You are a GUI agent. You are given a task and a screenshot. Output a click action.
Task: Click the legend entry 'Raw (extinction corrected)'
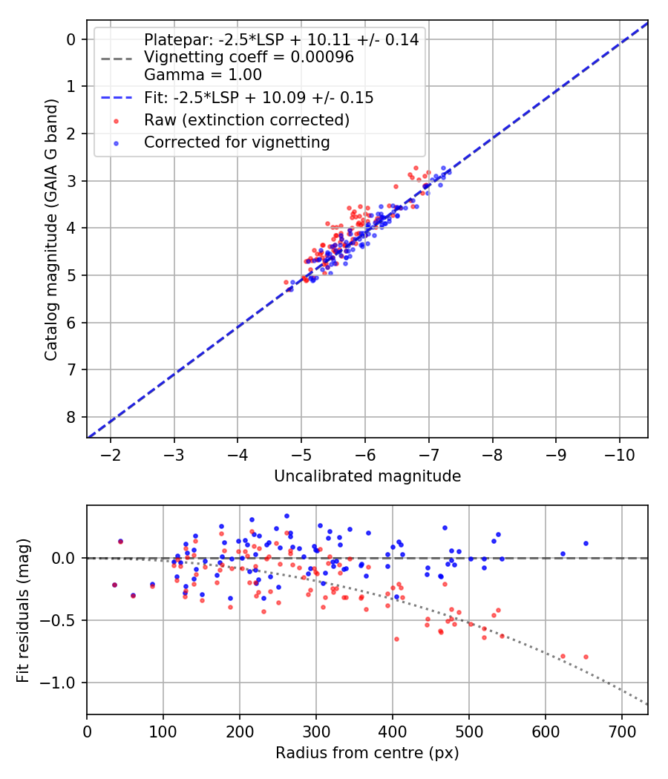tap(246, 119)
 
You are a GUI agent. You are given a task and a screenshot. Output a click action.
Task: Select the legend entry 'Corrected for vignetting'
tap(237, 142)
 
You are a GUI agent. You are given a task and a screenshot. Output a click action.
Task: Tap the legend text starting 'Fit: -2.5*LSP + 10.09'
tap(258, 97)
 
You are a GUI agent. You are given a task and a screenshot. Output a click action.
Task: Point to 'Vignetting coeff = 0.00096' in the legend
tap(249, 57)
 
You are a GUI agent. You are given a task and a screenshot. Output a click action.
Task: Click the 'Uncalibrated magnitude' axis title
tap(367, 476)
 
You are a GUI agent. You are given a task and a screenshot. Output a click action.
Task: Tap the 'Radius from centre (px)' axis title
tap(367, 753)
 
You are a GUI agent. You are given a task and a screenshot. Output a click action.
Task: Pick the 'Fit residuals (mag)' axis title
tap(24, 609)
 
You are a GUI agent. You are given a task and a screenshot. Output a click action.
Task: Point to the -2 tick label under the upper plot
tap(111, 452)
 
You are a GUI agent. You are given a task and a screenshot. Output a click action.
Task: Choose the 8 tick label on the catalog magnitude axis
tap(71, 417)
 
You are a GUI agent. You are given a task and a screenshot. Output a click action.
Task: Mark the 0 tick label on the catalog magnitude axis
tap(71, 39)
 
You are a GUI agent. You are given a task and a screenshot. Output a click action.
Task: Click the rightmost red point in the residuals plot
tap(586, 657)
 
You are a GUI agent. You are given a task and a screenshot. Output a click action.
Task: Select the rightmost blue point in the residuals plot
tap(586, 543)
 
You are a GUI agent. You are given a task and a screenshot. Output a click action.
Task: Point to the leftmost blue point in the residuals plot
tap(120, 542)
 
